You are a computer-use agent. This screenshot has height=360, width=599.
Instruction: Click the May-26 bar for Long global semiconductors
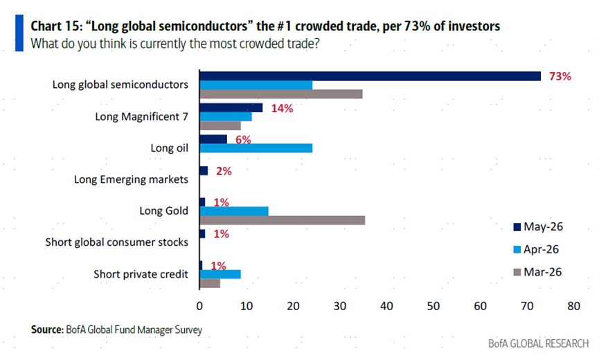click(370, 76)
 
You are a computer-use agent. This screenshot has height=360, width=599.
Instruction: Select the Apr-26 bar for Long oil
click(256, 148)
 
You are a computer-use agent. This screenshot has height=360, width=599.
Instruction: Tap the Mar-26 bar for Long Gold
click(283, 220)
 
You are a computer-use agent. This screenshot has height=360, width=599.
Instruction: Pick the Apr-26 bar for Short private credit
click(220, 274)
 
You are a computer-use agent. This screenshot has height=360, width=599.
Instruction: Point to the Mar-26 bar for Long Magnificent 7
click(220, 125)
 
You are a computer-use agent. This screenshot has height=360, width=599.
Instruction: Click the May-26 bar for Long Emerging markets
click(204, 170)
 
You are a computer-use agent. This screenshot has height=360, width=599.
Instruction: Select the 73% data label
click(560, 76)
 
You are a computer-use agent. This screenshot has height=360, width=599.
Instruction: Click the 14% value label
click(282, 109)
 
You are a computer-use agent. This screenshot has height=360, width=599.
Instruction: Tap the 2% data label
click(224, 171)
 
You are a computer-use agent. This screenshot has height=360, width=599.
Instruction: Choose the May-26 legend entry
click(538, 227)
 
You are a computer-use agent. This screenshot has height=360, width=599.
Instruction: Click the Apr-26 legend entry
click(536, 249)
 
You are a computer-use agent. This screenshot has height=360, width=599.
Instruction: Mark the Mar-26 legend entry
click(537, 272)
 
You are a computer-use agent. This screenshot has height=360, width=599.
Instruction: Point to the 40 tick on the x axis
click(386, 306)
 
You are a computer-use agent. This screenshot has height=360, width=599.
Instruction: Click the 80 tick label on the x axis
click(574, 306)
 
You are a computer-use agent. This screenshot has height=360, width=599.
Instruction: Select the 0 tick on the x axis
click(199, 306)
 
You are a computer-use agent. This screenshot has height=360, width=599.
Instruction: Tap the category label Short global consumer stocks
click(117, 242)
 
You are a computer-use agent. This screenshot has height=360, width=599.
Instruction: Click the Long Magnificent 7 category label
click(142, 116)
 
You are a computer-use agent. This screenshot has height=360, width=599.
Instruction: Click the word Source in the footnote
click(47, 330)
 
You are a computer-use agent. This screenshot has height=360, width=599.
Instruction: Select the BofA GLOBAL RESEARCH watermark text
click(538, 343)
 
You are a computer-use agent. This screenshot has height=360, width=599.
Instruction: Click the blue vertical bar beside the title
click(19, 33)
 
